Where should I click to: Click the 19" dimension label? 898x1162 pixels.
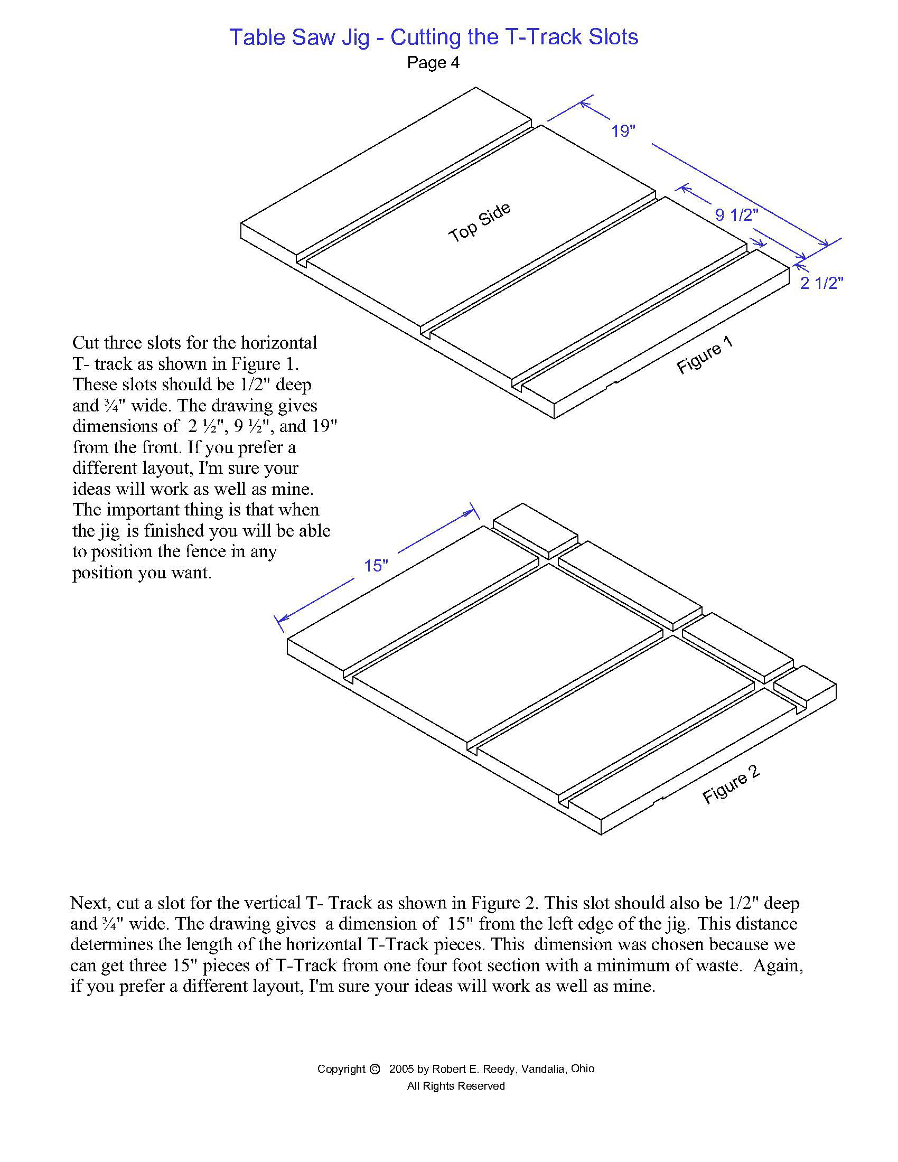pos(623,131)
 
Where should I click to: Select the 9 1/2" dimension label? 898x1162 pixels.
pos(736,215)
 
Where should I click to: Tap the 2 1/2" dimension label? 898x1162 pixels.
pos(821,283)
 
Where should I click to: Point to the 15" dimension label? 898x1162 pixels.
pos(376,566)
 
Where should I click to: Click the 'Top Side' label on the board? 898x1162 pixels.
pos(480,222)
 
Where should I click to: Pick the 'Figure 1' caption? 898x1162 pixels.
pos(704,354)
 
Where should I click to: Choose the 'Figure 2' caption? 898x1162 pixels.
pos(731,785)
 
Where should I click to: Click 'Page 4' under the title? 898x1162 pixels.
pos(433,63)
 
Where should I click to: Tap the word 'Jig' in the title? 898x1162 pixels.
pos(352,38)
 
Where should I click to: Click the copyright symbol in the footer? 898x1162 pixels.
pos(374,1069)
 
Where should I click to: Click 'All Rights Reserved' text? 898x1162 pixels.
pos(456,1086)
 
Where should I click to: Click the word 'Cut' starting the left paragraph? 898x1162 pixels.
pos(86,342)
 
